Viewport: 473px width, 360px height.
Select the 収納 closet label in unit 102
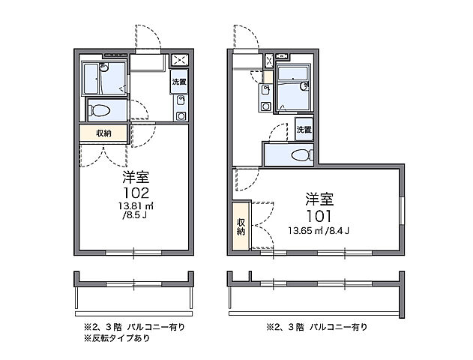pyautogui.click(x=103, y=133)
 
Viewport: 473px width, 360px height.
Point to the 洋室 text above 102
pyautogui.click(x=136, y=178)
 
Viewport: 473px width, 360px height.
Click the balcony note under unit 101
pyautogui.click(x=316, y=328)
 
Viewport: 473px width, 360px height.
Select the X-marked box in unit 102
pyautogui.click(x=180, y=61)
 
